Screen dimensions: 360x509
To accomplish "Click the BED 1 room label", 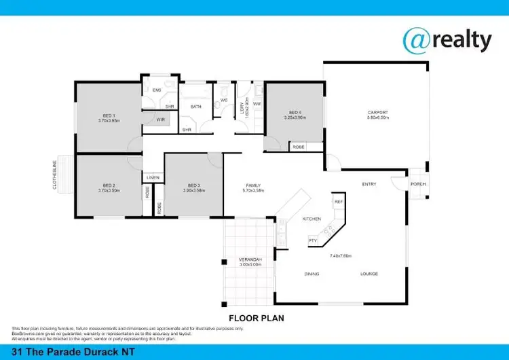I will point(108,116).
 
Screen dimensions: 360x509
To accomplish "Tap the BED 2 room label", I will point(108,185).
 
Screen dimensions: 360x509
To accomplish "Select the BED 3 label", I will point(194,185).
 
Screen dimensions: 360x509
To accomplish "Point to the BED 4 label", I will point(294,113).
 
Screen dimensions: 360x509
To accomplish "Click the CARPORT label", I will point(377,113).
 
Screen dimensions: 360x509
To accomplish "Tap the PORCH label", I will point(418,183).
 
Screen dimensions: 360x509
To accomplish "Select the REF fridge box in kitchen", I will point(338,202).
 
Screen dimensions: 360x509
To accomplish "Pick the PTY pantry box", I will point(312,240).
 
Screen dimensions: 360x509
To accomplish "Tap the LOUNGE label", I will point(369,274).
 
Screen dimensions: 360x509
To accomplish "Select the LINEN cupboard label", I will point(153,178).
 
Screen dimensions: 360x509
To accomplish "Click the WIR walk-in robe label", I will point(160,120).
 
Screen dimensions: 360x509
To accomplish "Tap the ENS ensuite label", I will point(156,90).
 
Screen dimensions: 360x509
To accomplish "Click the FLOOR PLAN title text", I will point(256,317).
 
